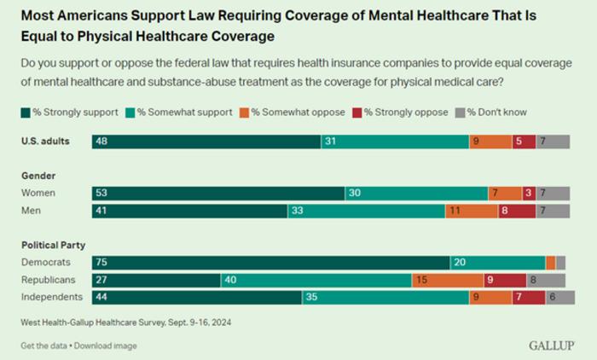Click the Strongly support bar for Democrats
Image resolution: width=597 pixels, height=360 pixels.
[x=270, y=263]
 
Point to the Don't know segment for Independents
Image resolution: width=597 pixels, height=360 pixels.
[x=559, y=297]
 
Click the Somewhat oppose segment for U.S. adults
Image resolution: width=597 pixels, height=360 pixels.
[x=490, y=142]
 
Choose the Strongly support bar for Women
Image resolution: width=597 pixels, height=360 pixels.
[x=218, y=194]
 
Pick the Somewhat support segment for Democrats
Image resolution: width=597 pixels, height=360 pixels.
[x=497, y=263]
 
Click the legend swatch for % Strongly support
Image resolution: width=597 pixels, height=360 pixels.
[x=24, y=112]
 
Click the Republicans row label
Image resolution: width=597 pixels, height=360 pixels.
[x=49, y=280]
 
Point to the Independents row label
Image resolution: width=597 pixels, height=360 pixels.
[x=52, y=297]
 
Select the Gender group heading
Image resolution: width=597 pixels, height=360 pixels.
[x=38, y=175]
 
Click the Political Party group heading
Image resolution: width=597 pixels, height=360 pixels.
[x=54, y=245]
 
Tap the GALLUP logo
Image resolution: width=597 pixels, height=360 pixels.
[x=551, y=345]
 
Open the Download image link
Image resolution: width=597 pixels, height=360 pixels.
[x=107, y=345]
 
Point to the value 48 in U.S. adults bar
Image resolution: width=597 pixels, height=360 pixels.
[x=101, y=142]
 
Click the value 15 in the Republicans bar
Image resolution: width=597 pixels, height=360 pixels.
[x=420, y=280]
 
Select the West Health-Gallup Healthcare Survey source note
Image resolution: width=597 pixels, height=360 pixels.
[x=125, y=322]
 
